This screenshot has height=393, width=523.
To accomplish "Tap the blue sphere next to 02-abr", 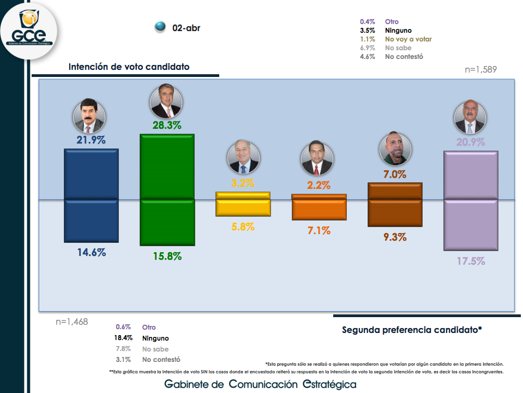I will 160,27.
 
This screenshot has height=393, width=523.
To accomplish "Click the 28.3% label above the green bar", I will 167,126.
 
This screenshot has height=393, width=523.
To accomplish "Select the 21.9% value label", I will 91,140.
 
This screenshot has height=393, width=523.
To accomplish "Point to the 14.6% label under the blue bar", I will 91,253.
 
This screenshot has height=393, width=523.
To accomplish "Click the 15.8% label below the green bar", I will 167,256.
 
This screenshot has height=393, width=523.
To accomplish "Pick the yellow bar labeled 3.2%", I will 243,204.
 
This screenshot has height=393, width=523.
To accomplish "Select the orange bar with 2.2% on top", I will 319,206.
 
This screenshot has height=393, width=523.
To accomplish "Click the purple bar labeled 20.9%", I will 471,200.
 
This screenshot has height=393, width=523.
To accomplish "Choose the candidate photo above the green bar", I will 166,101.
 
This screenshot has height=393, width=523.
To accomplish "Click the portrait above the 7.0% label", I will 395,148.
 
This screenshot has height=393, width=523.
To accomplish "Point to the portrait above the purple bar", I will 470,117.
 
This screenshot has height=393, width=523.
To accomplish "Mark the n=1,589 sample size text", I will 480,69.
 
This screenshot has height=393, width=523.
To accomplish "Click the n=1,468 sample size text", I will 71,322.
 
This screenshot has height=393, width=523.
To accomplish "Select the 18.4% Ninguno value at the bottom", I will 123,338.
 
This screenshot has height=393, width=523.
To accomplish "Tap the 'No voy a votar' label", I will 408,39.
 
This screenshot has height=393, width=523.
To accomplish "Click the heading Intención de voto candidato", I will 129,67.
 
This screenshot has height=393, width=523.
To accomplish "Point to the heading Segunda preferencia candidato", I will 412,330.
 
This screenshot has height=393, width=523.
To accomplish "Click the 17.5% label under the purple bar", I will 471,261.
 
